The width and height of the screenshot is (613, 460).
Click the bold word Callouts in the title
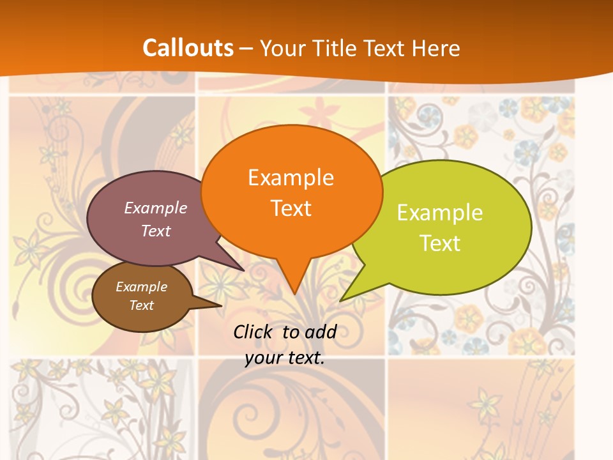pos(188,48)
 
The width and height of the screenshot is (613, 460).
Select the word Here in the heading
pos(437,48)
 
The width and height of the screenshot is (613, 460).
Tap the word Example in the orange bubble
pos(291,178)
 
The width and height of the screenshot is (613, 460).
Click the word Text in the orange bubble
pos(291,208)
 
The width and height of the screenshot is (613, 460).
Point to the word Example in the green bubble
pos(440,213)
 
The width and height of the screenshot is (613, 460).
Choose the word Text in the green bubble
pos(440,243)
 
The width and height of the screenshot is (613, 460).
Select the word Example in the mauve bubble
pos(156,208)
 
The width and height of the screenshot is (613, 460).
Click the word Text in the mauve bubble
pos(156,231)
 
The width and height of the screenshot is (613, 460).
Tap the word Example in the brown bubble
pos(141,287)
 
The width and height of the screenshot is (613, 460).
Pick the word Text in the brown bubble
pos(141,305)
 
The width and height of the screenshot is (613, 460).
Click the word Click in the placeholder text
pos(255,332)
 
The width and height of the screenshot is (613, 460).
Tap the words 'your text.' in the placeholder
pos(285,358)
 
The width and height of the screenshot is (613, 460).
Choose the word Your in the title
pos(282,48)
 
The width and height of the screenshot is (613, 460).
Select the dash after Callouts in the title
pos(246,48)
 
